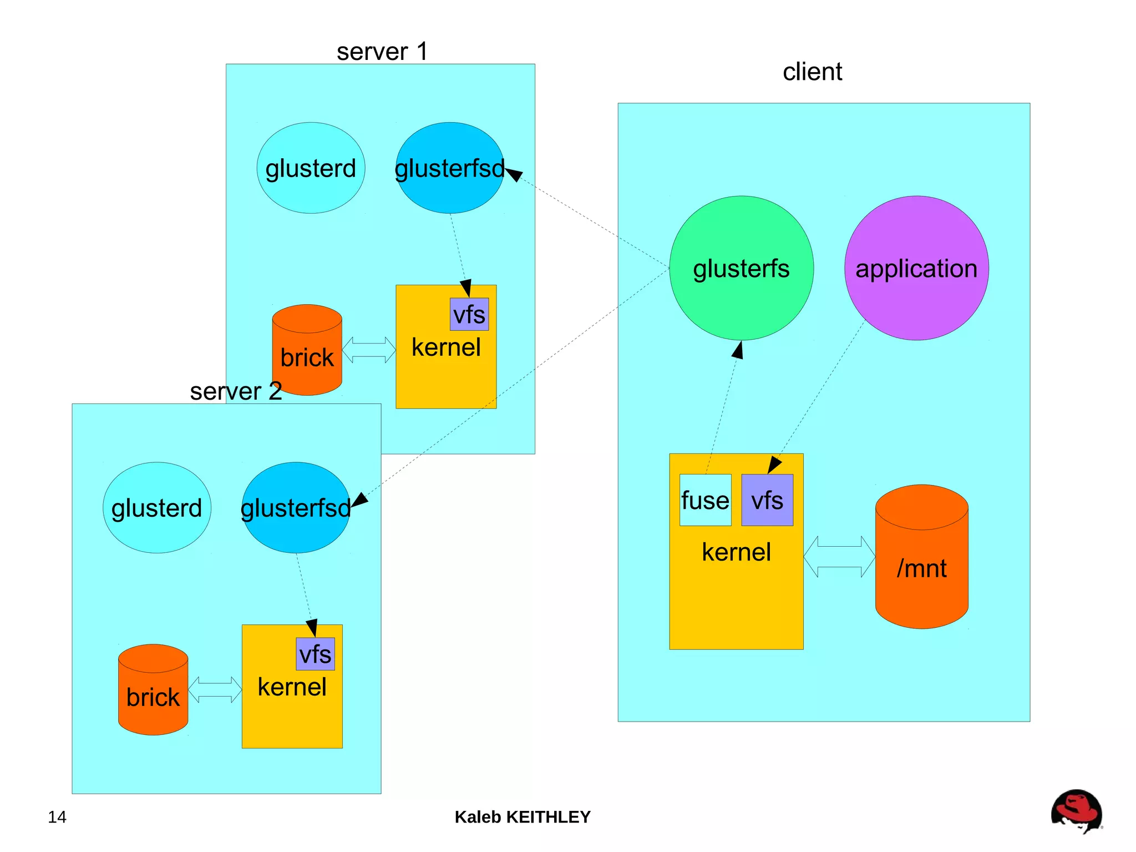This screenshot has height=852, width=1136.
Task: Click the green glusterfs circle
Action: tap(741, 268)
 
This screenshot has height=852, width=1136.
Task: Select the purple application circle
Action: tap(916, 268)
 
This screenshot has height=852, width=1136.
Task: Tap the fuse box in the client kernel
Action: tap(705, 500)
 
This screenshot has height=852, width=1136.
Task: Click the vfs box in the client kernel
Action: tap(767, 500)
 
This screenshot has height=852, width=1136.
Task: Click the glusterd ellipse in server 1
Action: tap(311, 168)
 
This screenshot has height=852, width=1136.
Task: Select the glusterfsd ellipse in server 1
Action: tap(449, 168)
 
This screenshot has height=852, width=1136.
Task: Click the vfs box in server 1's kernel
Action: tap(469, 315)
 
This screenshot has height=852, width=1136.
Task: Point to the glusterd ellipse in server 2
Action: tap(157, 508)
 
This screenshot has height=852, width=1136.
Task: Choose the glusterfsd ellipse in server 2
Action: tap(296, 508)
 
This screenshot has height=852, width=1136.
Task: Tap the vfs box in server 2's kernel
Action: tap(315, 654)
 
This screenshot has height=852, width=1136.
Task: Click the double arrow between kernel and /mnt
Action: tap(839, 557)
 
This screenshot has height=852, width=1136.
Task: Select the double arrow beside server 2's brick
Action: tap(215, 690)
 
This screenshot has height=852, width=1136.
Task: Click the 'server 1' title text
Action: tap(382, 52)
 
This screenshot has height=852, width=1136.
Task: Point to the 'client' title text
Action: tap(812, 72)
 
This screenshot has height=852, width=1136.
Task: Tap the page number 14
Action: tap(57, 817)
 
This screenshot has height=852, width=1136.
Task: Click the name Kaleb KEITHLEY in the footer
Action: tap(523, 817)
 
